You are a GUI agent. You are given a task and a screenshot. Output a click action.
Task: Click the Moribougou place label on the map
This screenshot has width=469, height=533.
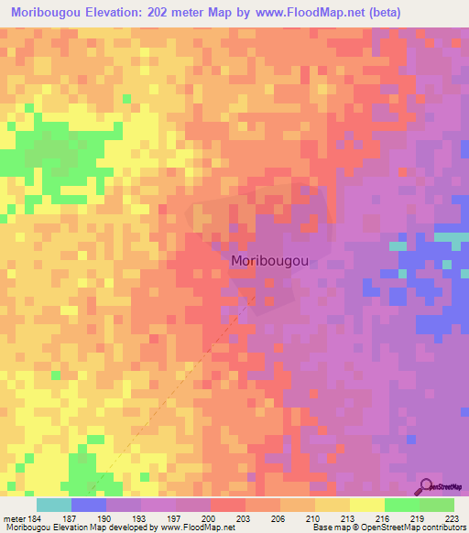coord(269,261)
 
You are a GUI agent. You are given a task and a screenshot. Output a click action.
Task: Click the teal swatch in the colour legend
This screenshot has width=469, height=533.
coord(54,506)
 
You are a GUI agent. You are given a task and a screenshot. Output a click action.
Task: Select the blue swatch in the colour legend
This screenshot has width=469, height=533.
coord(89,506)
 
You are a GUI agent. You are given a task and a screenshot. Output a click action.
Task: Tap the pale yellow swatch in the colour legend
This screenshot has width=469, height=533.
coord(367,506)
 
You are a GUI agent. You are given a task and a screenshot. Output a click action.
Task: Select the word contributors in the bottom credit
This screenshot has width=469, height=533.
coord(441,528)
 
